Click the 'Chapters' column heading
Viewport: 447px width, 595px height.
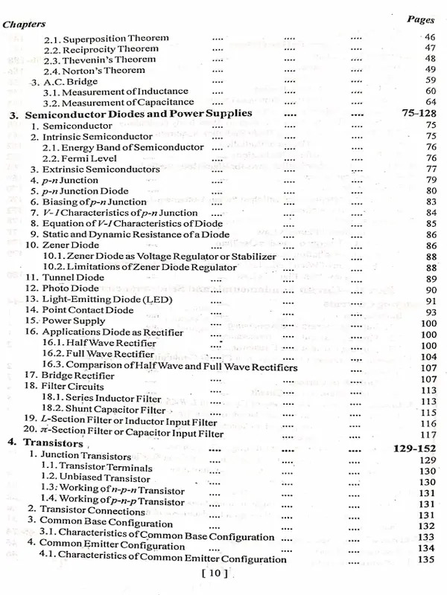tap(24, 24)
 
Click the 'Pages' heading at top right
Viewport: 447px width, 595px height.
tap(420, 20)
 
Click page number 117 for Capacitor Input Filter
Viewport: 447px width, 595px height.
tap(428, 434)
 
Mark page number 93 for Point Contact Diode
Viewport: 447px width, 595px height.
tap(430, 312)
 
